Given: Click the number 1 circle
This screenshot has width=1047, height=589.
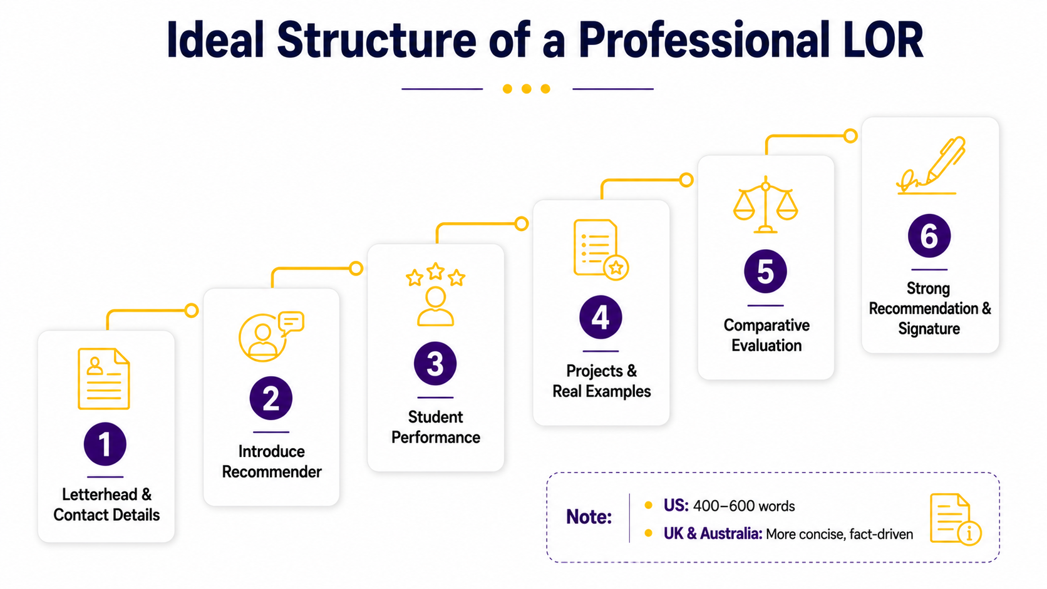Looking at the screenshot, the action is point(105,444).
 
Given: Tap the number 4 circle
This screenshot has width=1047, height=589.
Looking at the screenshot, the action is point(601,317).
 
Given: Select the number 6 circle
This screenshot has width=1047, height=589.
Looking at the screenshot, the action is point(929,236).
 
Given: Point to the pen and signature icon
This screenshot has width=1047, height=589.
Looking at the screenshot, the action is point(930,165).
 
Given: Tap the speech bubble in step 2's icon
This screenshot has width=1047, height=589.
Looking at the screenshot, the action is point(291,323).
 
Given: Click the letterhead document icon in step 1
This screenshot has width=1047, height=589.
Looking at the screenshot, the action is point(104,379).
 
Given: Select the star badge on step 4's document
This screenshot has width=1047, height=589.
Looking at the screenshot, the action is point(616,268).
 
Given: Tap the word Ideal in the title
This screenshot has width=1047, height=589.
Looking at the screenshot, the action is point(215,40).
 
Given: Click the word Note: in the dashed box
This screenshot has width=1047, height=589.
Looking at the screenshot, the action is point(589,516).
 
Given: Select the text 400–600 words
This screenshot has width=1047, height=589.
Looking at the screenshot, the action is point(744,506).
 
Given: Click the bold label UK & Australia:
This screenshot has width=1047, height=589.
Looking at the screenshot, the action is point(713,533).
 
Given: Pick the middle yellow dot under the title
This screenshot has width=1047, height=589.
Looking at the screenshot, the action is point(526,89).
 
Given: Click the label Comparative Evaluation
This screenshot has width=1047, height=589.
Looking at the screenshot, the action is point(766,335).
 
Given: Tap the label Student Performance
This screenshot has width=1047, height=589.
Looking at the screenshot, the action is point(436,427).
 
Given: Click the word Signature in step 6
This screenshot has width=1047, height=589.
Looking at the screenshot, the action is point(929,329).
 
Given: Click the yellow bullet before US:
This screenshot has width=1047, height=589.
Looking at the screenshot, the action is point(648,505).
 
